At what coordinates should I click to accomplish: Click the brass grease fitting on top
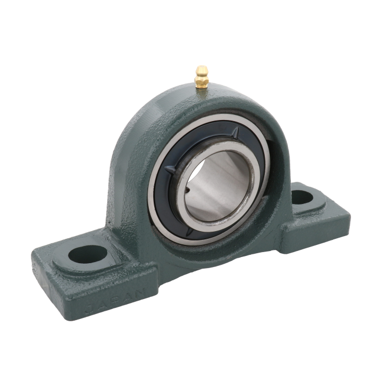(x=202, y=77)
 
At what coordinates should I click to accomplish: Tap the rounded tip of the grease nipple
(x=202, y=69)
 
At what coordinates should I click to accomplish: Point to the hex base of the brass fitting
(x=202, y=83)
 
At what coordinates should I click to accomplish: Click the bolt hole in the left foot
(x=88, y=254)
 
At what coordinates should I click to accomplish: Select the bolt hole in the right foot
(x=302, y=197)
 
